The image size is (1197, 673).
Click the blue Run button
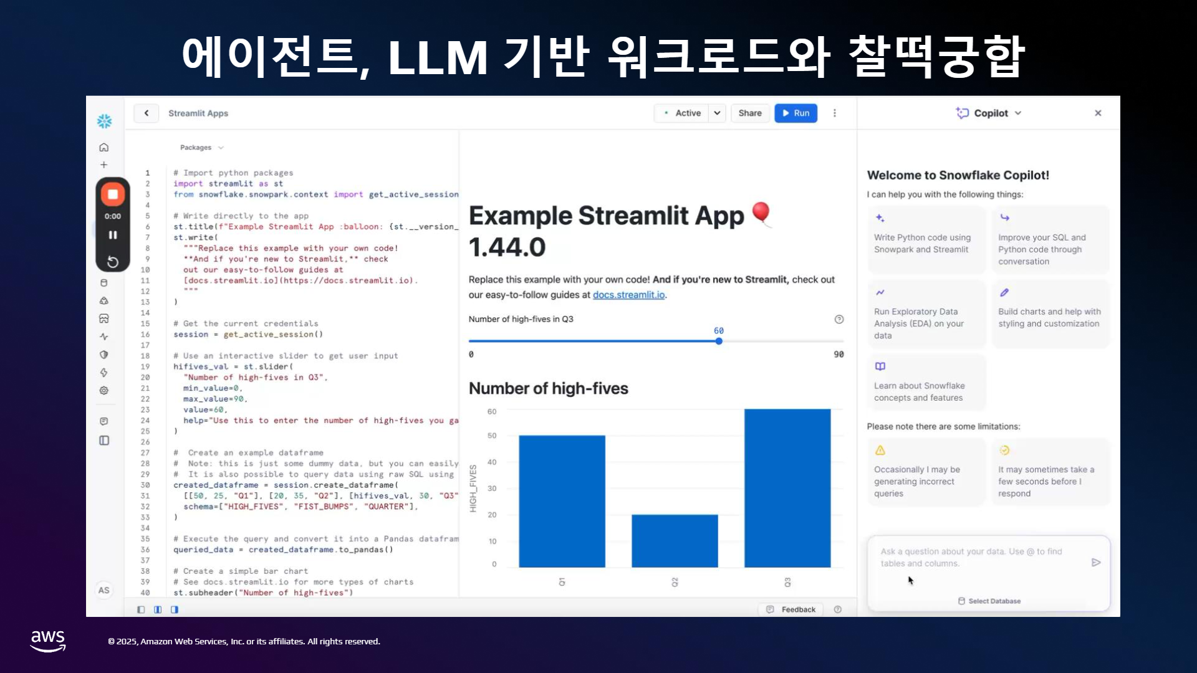click(796, 113)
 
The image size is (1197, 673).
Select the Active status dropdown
click(690, 113)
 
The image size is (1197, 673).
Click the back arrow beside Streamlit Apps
click(147, 113)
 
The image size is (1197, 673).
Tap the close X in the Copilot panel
click(1098, 113)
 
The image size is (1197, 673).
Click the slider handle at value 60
click(719, 341)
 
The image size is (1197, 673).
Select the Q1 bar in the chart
click(562, 501)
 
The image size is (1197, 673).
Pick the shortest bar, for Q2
click(675, 541)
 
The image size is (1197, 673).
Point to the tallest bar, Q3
click(787, 488)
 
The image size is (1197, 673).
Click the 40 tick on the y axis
click(492, 462)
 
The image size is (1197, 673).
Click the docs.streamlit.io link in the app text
click(628, 295)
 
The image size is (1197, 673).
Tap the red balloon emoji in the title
click(761, 214)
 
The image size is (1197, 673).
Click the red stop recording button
click(113, 194)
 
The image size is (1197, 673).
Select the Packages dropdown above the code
click(201, 148)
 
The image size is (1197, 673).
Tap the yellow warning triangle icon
click(880, 450)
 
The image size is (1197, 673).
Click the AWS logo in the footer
click(48, 641)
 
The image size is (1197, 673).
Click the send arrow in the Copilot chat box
click(1096, 562)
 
